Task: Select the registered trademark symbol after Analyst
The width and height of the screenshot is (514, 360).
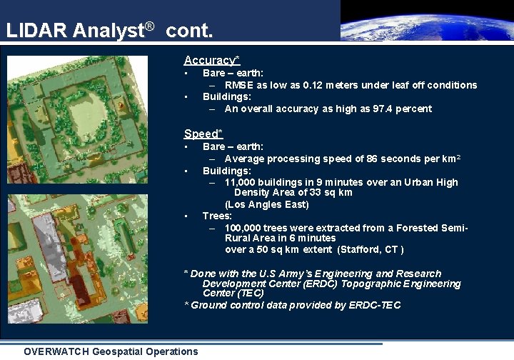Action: pyautogui.click(x=149, y=28)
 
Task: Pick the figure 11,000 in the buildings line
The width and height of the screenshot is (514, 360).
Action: pyautogui.click(x=241, y=182)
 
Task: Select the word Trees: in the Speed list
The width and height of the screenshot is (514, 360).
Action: pyautogui.click(x=217, y=216)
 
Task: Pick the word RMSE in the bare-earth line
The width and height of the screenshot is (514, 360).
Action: pyautogui.click(x=239, y=85)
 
